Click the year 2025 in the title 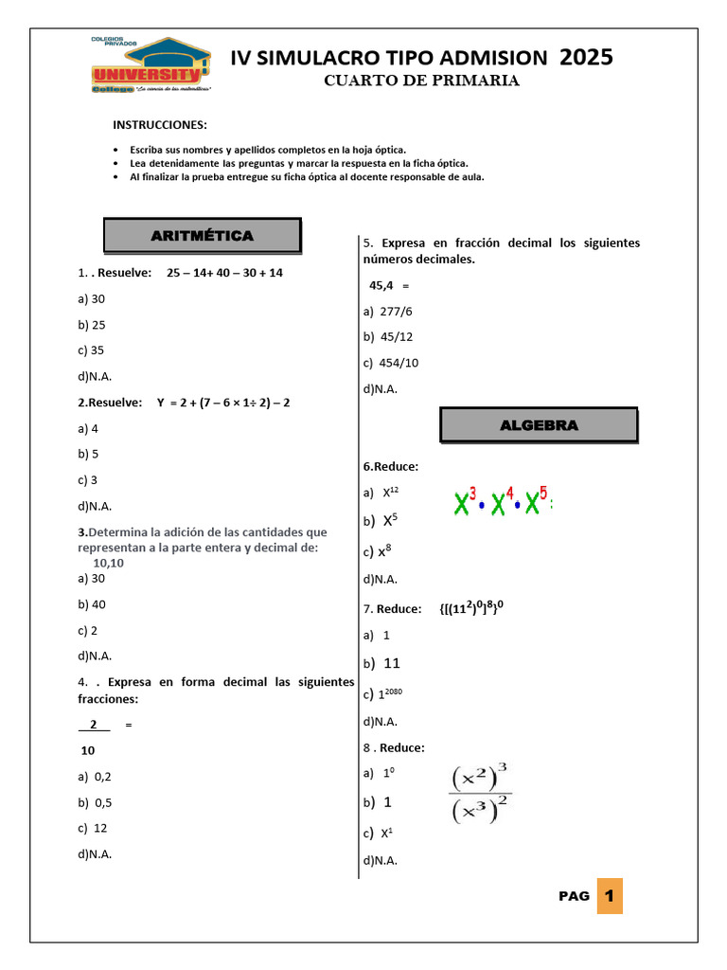pyautogui.click(x=585, y=57)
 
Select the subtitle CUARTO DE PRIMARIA pyautogui.click(x=421, y=81)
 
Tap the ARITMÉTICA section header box pyautogui.click(x=202, y=235)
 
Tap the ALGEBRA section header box pyautogui.click(x=539, y=425)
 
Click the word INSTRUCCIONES pyautogui.click(x=159, y=125)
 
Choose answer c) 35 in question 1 pyautogui.click(x=92, y=350)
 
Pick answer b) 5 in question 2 pyautogui.click(x=89, y=454)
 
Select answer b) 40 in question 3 pyautogui.click(x=92, y=603)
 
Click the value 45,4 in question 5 pyautogui.click(x=381, y=284)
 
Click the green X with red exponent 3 pyautogui.click(x=464, y=501)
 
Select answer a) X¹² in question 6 pyautogui.click(x=383, y=493)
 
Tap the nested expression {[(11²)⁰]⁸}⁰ pyautogui.click(x=485, y=608)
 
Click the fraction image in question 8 pyautogui.click(x=481, y=795)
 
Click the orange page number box pyautogui.click(x=610, y=895)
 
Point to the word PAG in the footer pyautogui.click(x=574, y=896)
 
